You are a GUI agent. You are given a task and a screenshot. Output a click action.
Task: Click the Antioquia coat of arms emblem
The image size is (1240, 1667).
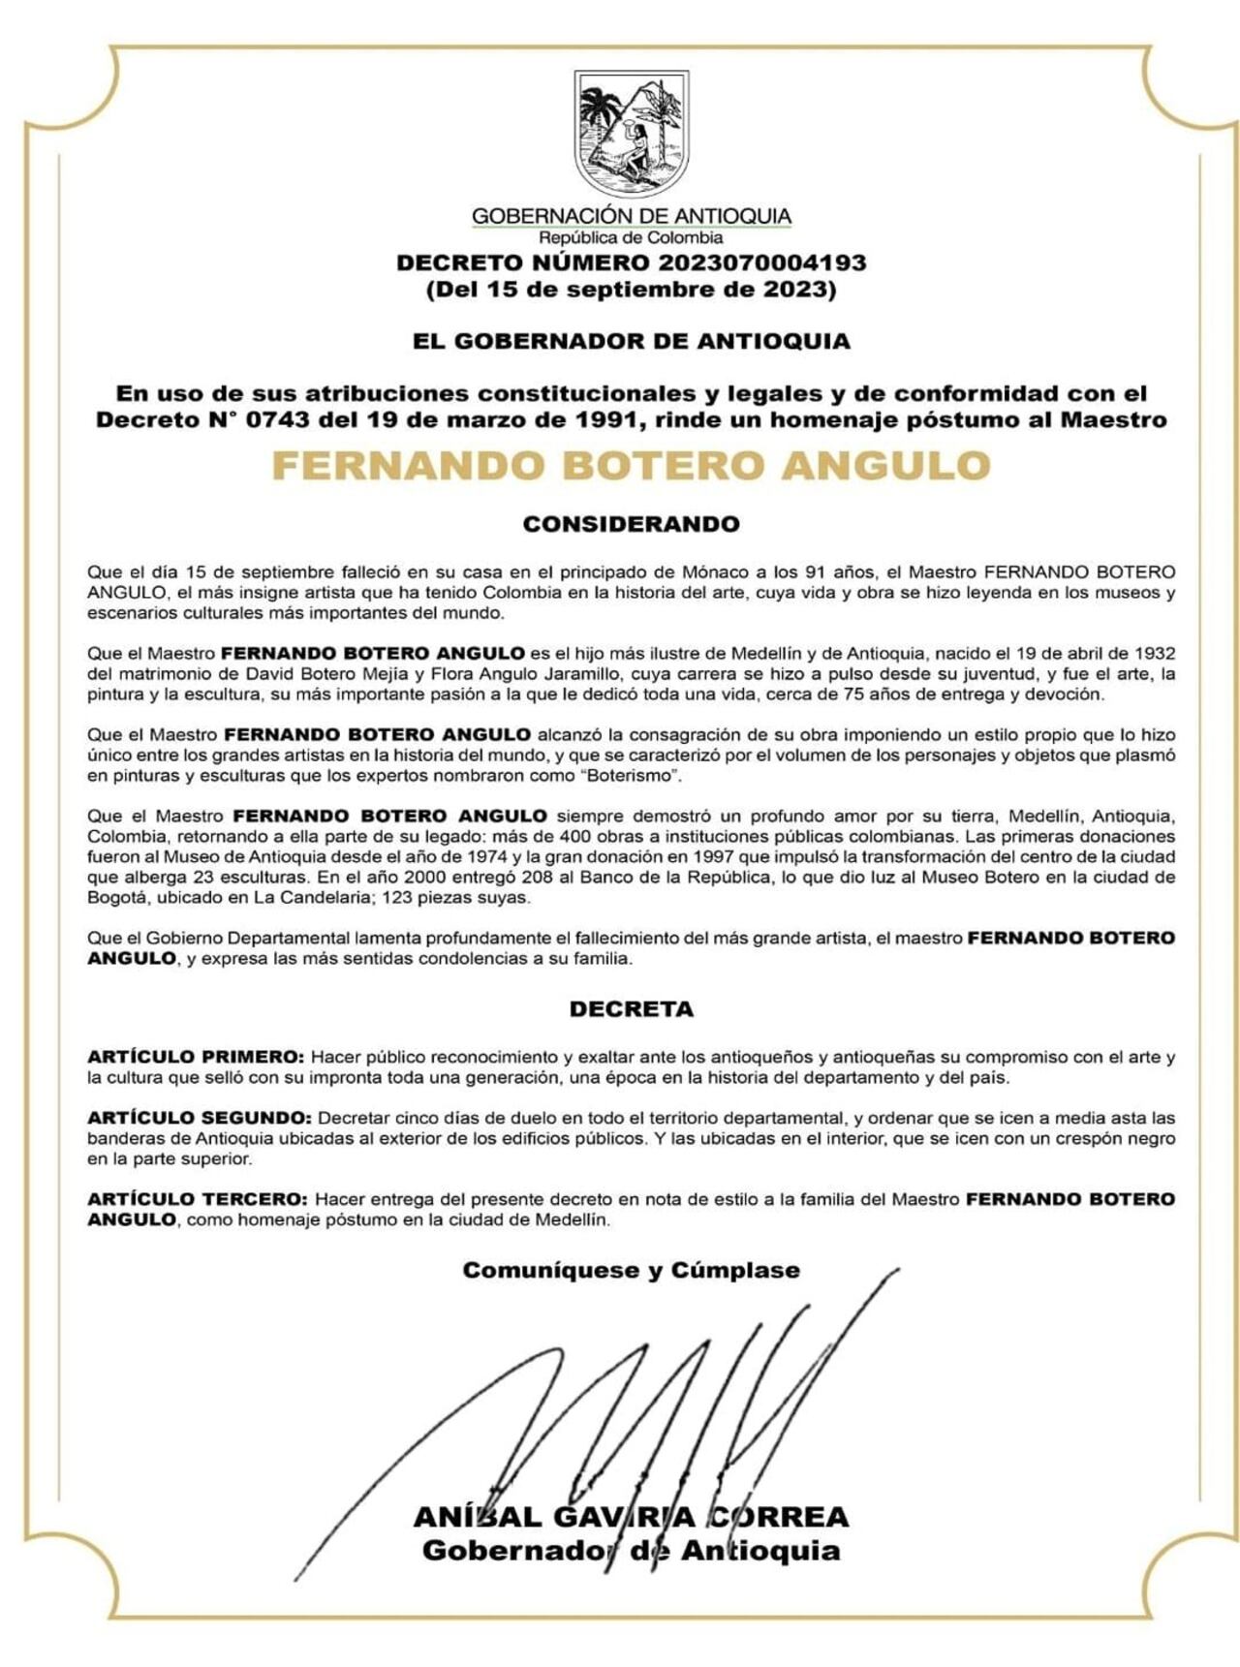(632, 133)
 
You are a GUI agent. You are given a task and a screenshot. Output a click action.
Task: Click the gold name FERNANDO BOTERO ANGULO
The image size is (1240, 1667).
(631, 466)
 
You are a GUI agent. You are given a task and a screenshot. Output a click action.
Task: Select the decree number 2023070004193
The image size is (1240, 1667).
(762, 262)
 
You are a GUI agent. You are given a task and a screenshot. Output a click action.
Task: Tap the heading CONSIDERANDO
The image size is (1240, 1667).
(631, 524)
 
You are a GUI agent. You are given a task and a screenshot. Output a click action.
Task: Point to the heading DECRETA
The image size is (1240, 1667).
(631, 1009)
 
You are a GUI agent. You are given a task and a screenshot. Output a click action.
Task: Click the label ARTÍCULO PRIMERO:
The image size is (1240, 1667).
(196, 1057)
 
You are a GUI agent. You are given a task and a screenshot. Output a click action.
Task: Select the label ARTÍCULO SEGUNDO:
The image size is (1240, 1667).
(200, 1118)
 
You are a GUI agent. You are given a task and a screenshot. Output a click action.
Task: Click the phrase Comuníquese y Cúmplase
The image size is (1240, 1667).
(631, 1270)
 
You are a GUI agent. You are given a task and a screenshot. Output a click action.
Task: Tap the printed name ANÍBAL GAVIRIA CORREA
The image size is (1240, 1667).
(631, 1517)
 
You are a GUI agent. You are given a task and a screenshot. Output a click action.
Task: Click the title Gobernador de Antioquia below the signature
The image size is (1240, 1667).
(631, 1551)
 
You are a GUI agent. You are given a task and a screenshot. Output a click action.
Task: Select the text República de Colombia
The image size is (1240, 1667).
(631, 237)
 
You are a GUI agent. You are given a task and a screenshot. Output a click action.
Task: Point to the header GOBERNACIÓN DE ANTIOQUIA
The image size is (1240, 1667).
(631, 216)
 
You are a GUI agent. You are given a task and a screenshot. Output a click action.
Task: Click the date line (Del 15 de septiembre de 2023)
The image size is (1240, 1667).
(631, 290)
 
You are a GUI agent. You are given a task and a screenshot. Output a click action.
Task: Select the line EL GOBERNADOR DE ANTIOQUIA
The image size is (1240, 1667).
(631, 341)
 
